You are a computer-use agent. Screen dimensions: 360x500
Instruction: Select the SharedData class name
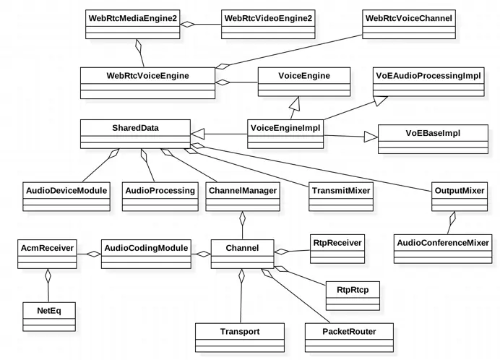[x=135, y=128]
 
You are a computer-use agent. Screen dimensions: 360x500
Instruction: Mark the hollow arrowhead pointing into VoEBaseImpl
[x=370, y=136]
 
